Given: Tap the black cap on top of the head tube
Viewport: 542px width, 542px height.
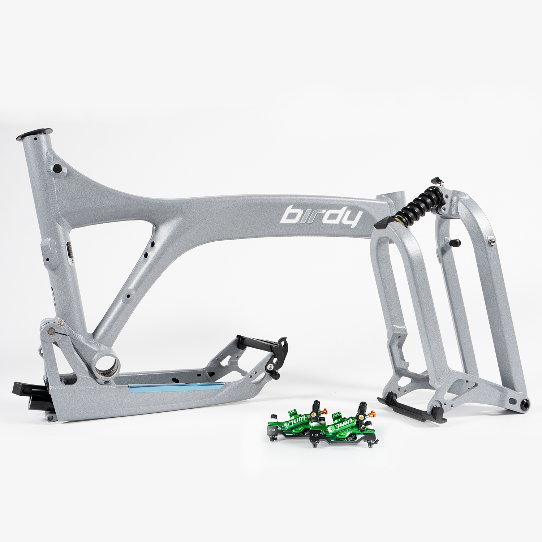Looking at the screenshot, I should [35, 134].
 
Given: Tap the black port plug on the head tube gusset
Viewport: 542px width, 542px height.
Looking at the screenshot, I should [57, 168].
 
